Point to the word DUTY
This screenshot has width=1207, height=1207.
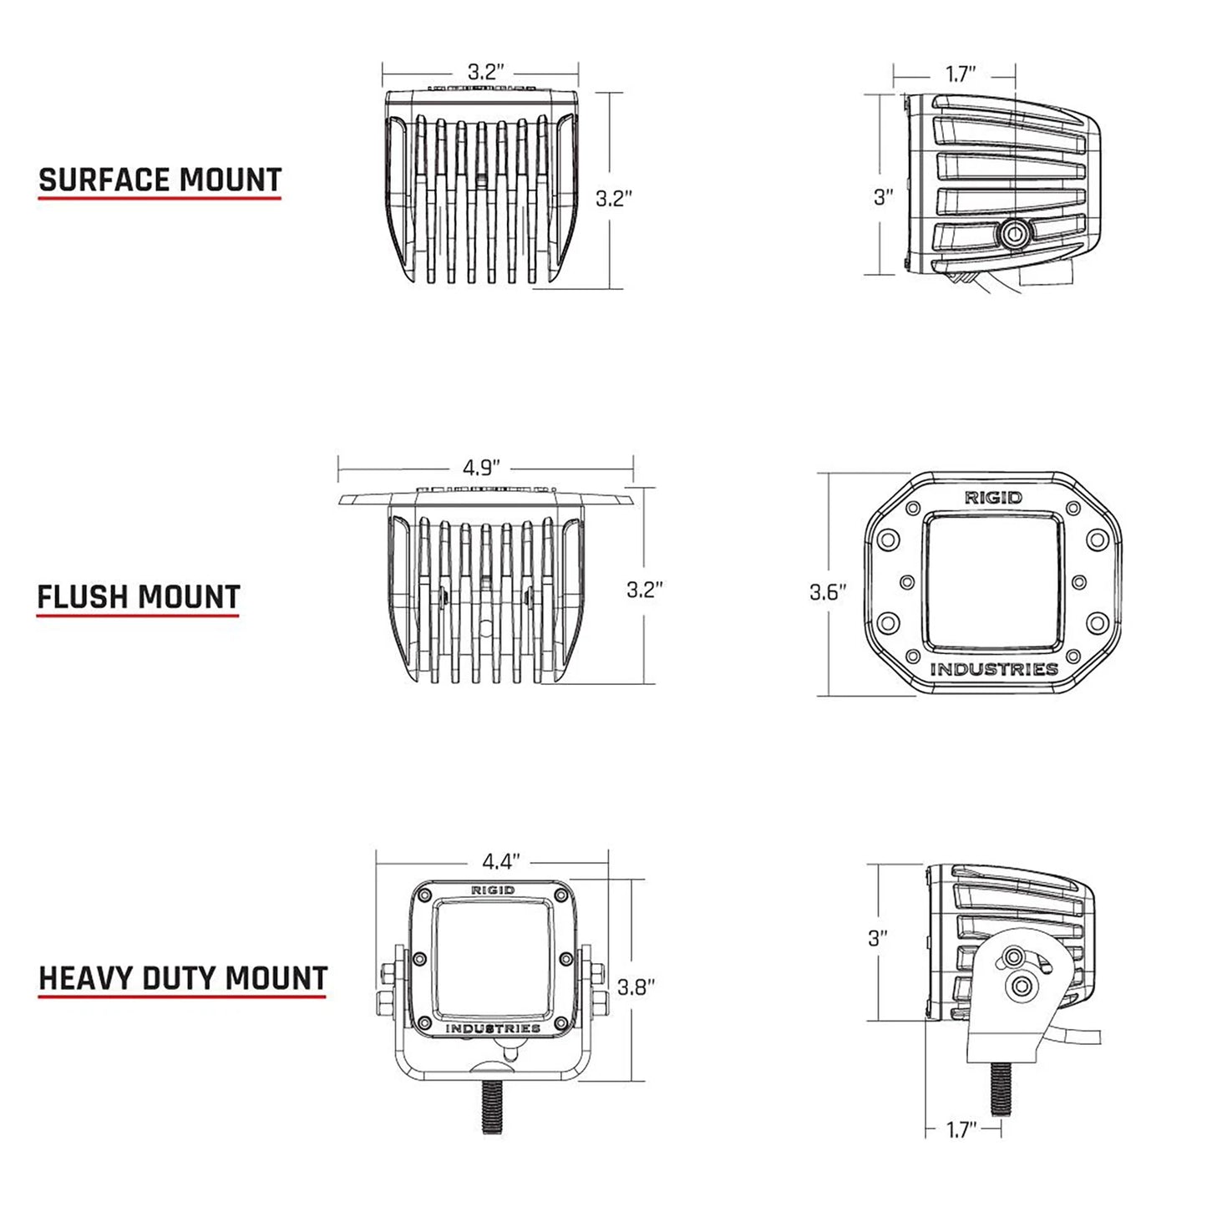pos(180,978)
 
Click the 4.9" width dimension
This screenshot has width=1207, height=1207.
pos(481,467)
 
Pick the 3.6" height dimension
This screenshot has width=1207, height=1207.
pos(828,592)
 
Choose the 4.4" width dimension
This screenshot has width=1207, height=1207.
pos(500,861)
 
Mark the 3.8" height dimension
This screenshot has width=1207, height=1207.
pos(636,986)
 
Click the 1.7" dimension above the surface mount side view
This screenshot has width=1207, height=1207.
pos(961,74)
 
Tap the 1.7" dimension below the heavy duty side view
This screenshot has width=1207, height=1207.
pos(961,1130)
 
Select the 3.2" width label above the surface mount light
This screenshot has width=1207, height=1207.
pos(485,71)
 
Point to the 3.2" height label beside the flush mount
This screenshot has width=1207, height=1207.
pos(644,589)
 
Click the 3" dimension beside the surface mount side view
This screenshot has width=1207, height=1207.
pos(884,197)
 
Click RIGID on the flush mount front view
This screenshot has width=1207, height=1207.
pos(993,498)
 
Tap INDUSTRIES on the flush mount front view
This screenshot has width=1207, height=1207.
pos(994,669)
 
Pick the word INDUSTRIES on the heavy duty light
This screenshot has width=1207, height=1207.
pos(493,1028)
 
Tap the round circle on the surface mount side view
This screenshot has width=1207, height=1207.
pos(1016,232)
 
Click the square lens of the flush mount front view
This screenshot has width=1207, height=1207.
pos(994,582)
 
